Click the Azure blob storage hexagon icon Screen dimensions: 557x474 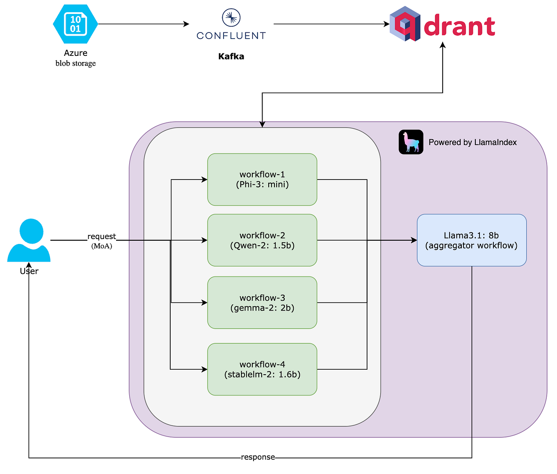pyautogui.click(x=76, y=24)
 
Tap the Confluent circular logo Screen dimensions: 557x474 pyautogui.click(x=231, y=18)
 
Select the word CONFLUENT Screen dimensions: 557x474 pyautogui.click(x=231, y=36)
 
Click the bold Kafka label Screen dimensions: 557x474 pyautogui.click(x=231, y=56)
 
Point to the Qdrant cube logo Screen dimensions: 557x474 pyautogui.click(x=405, y=24)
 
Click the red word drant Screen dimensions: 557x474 pyautogui.click(x=460, y=25)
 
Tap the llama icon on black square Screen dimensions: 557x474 pyautogui.click(x=411, y=142)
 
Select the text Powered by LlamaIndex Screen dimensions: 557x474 pyautogui.click(x=473, y=143)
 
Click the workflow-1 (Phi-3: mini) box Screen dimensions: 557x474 pyautogui.click(x=263, y=180)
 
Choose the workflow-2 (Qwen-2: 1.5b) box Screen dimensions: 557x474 pyautogui.click(x=263, y=241)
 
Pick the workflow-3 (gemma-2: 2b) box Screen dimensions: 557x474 pyautogui.click(x=263, y=303)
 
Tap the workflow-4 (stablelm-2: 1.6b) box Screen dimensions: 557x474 pyautogui.click(x=263, y=370)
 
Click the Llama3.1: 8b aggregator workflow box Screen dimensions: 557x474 pyautogui.click(x=472, y=241)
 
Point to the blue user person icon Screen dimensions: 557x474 pyautogui.click(x=29, y=240)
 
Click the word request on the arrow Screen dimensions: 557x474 pyautogui.click(x=102, y=237)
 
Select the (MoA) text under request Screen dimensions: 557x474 pyautogui.click(x=102, y=246)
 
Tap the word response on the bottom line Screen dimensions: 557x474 pyautogui.click(x=258, y=457)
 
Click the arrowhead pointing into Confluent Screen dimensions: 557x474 pyautogui.click(x=186, y=24)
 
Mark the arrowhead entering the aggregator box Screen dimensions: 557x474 pyautogui.click(x=414, y=240)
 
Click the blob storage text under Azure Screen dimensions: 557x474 pyautogui.click(x=76, y=63)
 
